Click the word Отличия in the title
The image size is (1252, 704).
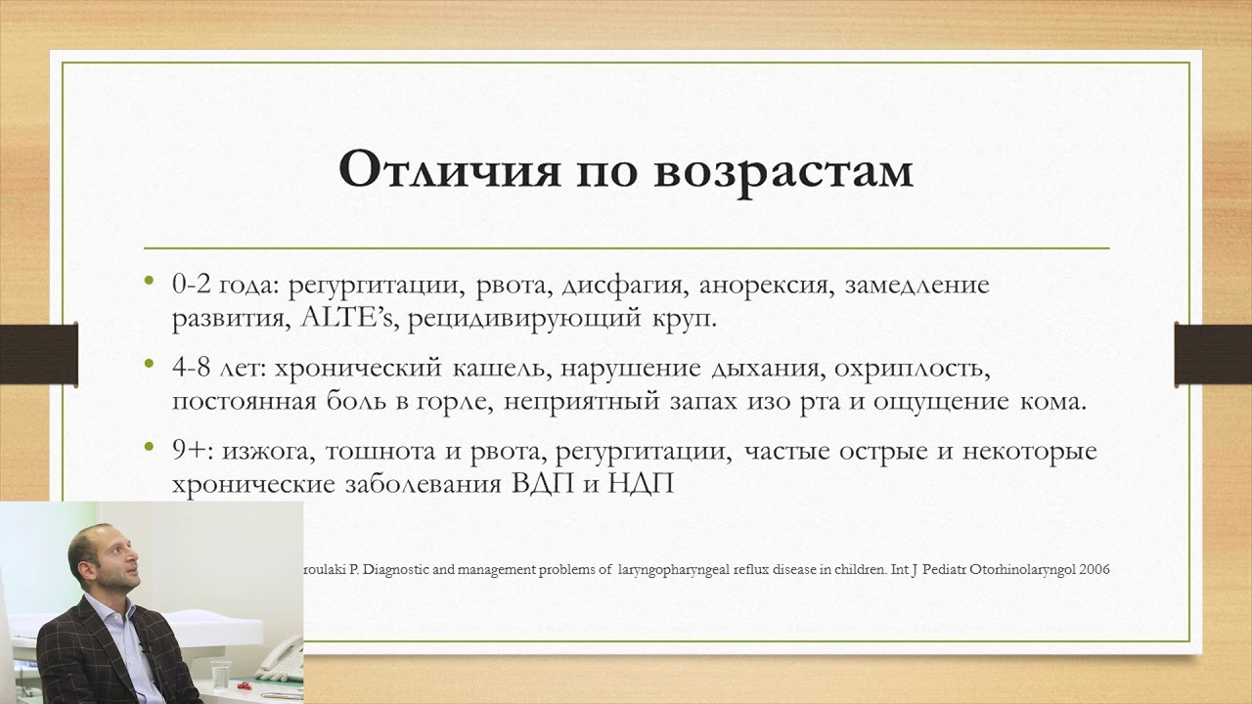(x=449, y=170)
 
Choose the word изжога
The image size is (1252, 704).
(x=263, y=452)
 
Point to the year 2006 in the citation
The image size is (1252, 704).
(x=1093, y=569)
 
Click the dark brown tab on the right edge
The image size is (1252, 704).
(x=1212, y=352)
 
